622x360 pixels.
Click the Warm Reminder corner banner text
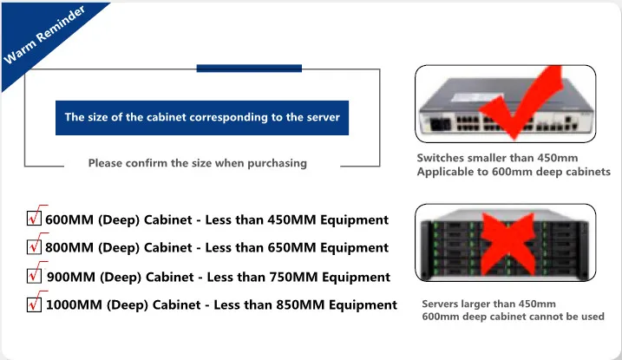pyautogui.click(x=44, y=34)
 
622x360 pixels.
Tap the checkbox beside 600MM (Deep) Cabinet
pyautogui.click(x=34, y=218)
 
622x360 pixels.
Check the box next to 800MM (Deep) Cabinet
pyautogui.click(x=34, y=246)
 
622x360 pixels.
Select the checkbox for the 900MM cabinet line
pyautogui.click(x=34, y=275)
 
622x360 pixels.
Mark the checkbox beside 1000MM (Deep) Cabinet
pyautogui.click(x=34, y=304)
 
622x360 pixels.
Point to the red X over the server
pyautogui.click(x=508, y=244)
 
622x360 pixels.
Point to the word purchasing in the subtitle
pyautogui.click(x=277, y=163)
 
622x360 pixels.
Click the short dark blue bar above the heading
pyautogui.click(x=249, y=69)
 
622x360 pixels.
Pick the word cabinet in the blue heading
pyautogui.click(x=167, y=117)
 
